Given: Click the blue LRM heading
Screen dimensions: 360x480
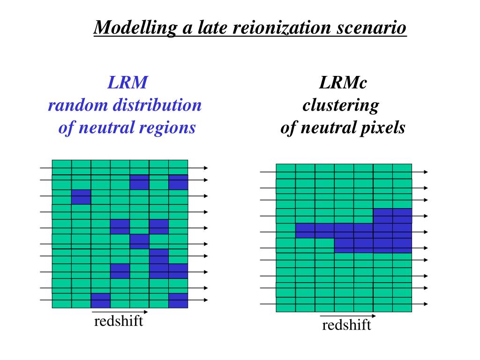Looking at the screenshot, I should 127,83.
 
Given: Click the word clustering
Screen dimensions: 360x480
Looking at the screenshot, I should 341,105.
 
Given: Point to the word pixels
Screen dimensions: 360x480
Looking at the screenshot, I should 382,127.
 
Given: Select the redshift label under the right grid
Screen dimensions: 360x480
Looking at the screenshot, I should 346,325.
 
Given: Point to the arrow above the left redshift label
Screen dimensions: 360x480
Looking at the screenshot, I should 120,311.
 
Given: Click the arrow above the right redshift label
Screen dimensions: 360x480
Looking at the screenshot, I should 348,315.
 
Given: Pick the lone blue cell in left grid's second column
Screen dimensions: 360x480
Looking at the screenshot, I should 81,197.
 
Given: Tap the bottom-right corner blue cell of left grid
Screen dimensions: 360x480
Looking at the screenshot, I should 178,300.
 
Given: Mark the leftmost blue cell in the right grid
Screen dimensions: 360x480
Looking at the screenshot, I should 305,230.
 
